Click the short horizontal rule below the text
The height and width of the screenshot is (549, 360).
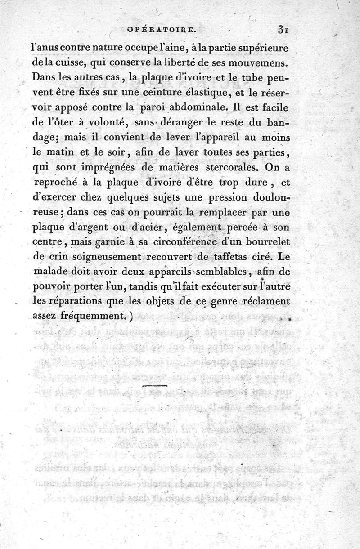click(154, 386)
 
